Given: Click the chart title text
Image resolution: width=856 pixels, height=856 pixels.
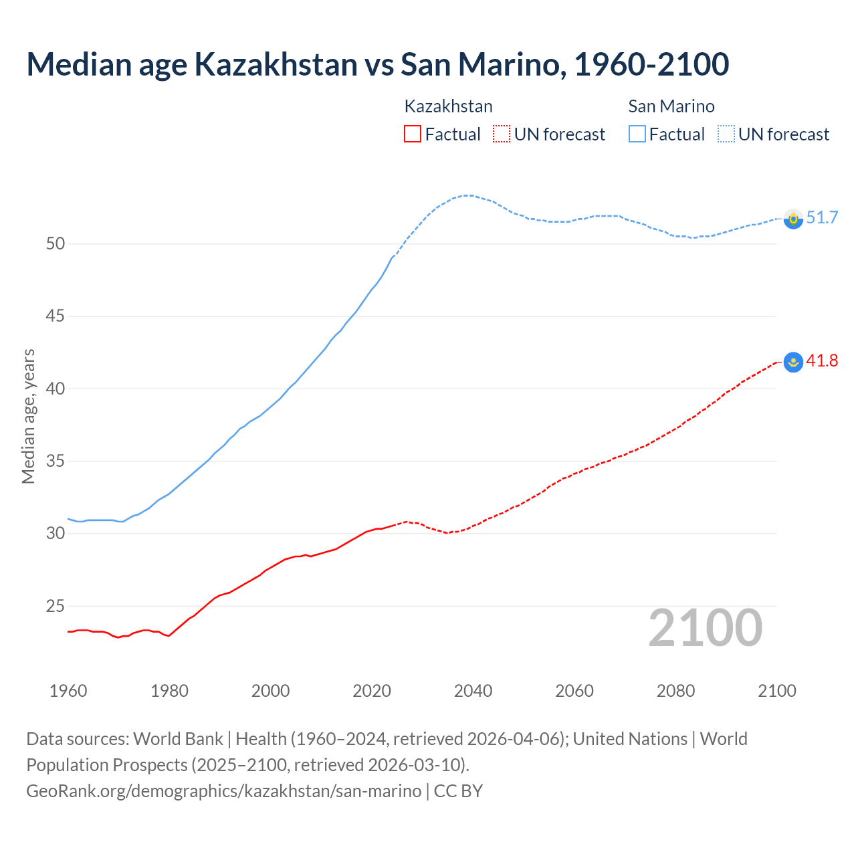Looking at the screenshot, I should [377, 64].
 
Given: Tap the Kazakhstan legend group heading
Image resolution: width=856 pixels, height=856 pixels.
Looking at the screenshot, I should [448, 106].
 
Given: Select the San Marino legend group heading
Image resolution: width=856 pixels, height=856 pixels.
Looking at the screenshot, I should [671, 106].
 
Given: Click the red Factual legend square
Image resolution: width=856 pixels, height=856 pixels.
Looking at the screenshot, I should [413, 134].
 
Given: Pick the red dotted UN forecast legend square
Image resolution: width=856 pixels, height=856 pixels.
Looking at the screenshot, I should [502, 134].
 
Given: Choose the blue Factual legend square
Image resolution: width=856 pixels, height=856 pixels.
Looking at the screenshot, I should [637, 134].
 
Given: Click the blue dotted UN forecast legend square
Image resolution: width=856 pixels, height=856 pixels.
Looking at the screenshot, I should [726, 134].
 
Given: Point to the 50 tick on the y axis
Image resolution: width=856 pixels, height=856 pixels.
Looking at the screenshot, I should [56, 244].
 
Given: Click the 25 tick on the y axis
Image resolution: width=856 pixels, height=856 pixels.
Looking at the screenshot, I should [56, 607].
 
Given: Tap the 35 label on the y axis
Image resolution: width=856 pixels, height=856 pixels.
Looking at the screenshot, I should [56, 461].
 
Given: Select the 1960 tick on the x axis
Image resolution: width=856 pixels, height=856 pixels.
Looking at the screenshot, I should [68, 691].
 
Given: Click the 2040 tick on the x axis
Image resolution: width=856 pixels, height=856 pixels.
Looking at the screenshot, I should [473, 691].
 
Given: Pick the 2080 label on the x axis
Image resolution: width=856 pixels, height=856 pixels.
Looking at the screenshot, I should [675, 691].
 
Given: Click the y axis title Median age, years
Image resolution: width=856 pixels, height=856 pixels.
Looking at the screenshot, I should [28, 416].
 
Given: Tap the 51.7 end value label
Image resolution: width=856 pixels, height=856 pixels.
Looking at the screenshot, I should [822, 218].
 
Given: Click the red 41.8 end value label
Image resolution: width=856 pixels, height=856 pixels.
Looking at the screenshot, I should [822, 361].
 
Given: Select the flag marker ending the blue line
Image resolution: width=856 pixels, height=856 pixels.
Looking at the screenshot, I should [793, 219].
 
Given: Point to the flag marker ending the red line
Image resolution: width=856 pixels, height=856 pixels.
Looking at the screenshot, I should [793, 362].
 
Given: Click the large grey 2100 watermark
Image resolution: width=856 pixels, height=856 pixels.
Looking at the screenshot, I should [705, 628].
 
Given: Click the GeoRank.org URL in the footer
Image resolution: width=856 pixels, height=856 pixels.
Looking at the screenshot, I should [224, 791].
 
